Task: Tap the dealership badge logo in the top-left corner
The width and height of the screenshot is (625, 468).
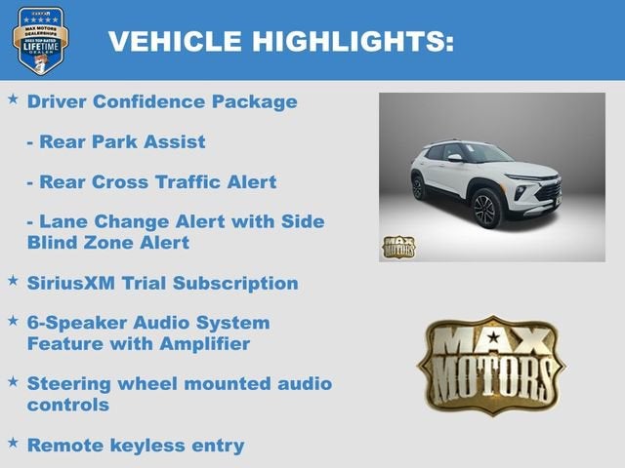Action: (39, 40)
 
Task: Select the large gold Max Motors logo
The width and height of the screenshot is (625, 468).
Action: (491, 364)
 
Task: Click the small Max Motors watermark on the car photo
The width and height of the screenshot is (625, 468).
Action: (397, 247)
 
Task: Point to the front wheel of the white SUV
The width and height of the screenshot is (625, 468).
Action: (486, 209)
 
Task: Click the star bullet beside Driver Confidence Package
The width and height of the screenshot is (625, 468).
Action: (13, 99)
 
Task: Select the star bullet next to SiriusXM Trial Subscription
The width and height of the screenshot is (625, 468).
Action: (13, 281)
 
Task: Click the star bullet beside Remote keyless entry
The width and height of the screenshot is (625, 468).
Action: (13, 443)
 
